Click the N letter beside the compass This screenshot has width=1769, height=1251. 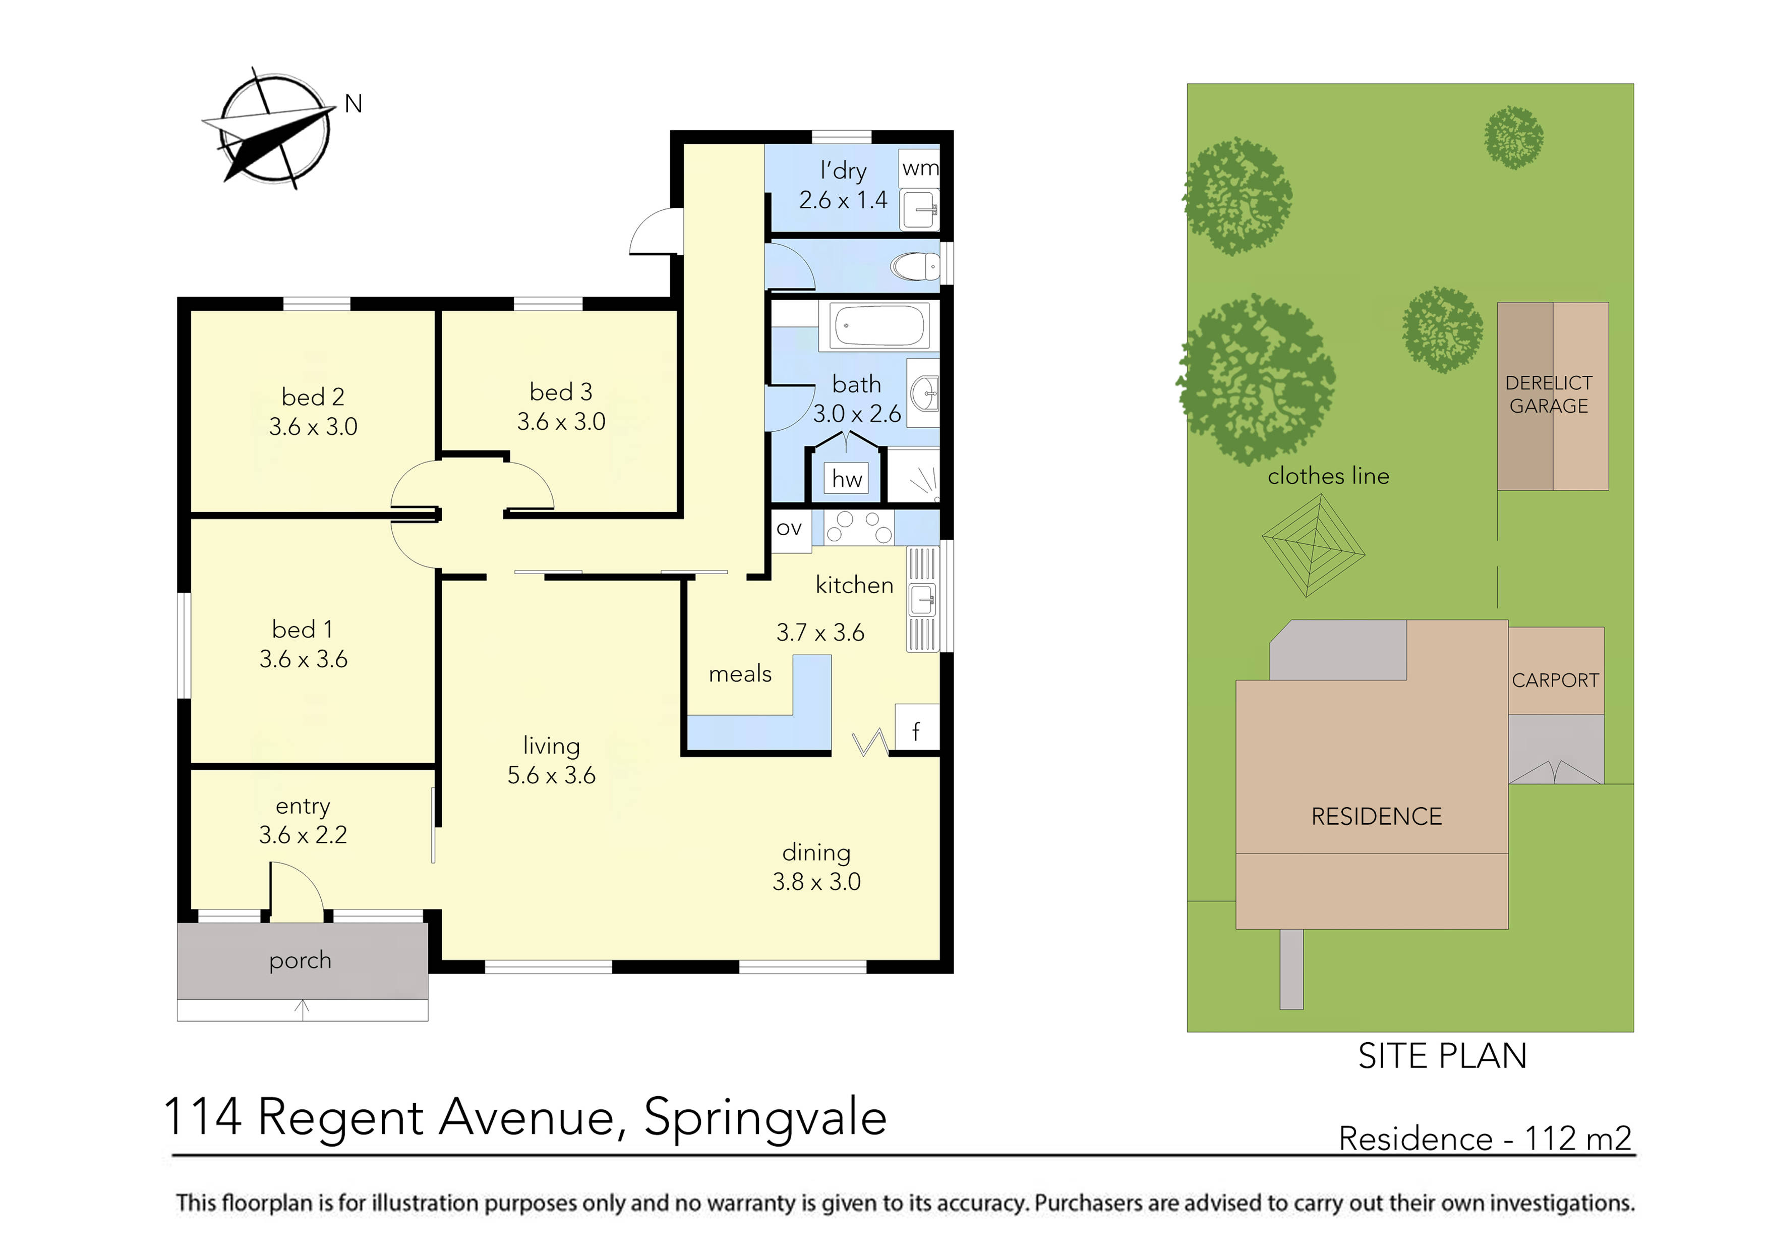353,104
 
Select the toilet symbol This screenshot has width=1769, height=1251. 915,267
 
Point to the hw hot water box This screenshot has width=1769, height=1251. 847,479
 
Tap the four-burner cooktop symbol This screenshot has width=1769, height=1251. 858,528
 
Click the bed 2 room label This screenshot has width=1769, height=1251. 313,397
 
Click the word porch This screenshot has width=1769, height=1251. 301,960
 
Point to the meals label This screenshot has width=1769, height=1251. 740,674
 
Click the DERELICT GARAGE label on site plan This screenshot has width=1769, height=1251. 1549,394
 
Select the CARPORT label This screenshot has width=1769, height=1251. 1555,680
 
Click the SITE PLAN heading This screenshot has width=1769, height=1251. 1442,1056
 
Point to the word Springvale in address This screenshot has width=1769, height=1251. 765,1118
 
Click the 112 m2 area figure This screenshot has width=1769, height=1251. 1577,1139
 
